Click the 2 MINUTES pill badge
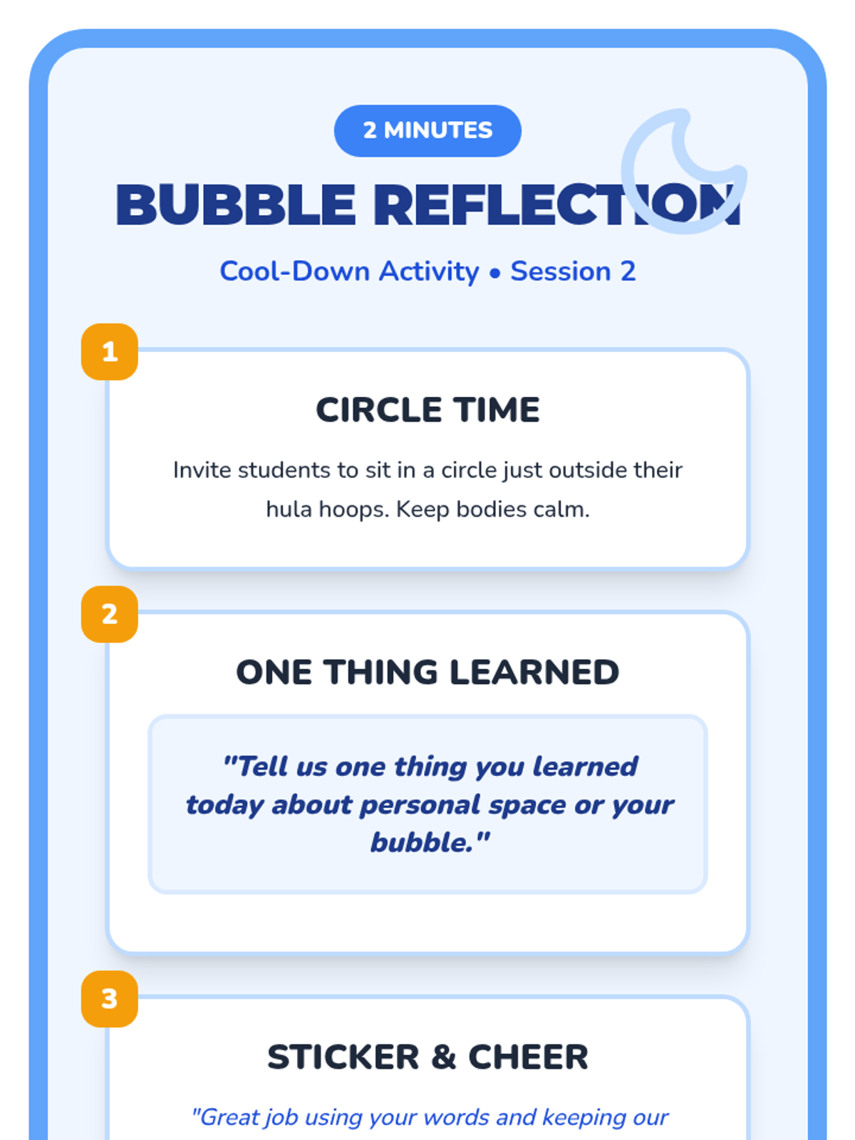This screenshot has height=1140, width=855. [427, 130]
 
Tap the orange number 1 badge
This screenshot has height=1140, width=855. [110, 351]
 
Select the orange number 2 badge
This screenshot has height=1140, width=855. [110, 614]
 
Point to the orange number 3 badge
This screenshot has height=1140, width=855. [110, 999]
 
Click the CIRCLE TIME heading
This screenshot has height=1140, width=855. [427, 410]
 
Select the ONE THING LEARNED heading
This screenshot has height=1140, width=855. [427, 672]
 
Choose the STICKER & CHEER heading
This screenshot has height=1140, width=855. [427, 1057]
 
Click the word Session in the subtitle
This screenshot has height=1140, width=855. [561, 271]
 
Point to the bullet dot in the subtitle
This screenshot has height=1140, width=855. [494, 273]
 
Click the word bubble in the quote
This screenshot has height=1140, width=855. [421, 842]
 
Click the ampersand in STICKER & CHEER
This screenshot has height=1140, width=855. [443, 1057]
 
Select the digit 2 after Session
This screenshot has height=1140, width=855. [628, 271]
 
